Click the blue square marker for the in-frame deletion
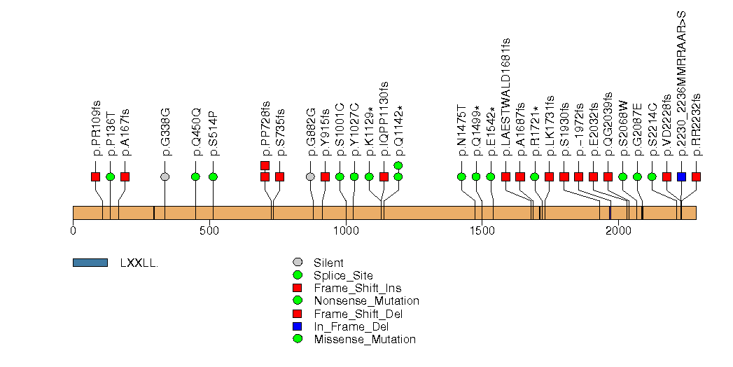click(x=681, y=176)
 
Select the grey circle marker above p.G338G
click(x=165, y=176)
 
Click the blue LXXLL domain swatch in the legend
click(x=90, y=263)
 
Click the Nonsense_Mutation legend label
click(x=366, y=301)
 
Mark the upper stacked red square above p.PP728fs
click(x=265, y=165)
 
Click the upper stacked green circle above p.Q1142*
click(x=398, y=165)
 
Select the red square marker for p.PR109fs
click(x=95, y=176)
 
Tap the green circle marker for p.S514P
click(x=213, y=176)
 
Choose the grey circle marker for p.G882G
click(x=310, y=176)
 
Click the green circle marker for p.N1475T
click(x=461, y=176)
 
